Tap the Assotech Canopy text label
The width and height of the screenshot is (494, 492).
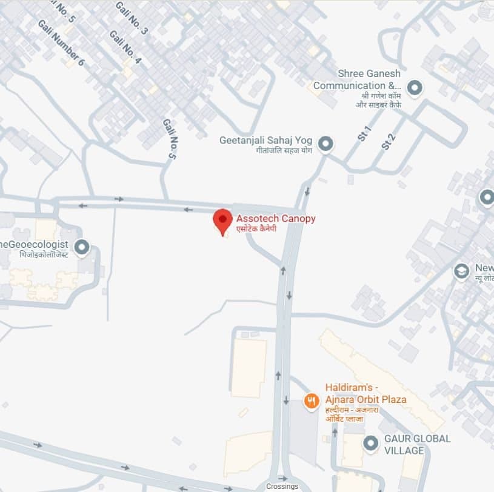click(x=276, y=219)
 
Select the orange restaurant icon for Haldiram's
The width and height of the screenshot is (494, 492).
click(x=312, y=401)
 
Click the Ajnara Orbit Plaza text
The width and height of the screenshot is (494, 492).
click(x=365, y=400)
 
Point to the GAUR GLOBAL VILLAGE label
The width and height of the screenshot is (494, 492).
click(x=417, y=444)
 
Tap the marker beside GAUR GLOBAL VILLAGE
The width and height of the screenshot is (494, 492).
click(x=370, y=444)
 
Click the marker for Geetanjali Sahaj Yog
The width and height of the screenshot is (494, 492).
click(x=326, y=144)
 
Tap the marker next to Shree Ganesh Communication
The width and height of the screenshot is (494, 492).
click(x=415, y=88)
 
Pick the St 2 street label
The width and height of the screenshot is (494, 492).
click(x=388, y=141)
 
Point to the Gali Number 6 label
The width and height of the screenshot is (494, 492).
click(x=61, y=43)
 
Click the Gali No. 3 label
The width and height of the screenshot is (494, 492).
click(x=131, y=18)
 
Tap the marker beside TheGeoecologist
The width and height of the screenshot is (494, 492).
click(x=81, y=247)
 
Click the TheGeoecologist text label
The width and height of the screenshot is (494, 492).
click(x=34, y=244)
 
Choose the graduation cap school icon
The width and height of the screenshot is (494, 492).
click(x=461, y=271)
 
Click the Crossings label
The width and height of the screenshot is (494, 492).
click(x=282, y=487)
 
